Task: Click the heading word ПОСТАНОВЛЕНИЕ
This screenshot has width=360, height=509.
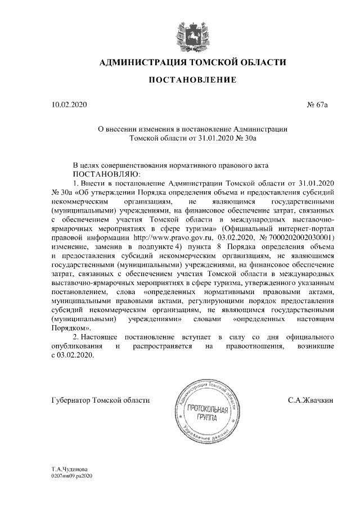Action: pos(192,80)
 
